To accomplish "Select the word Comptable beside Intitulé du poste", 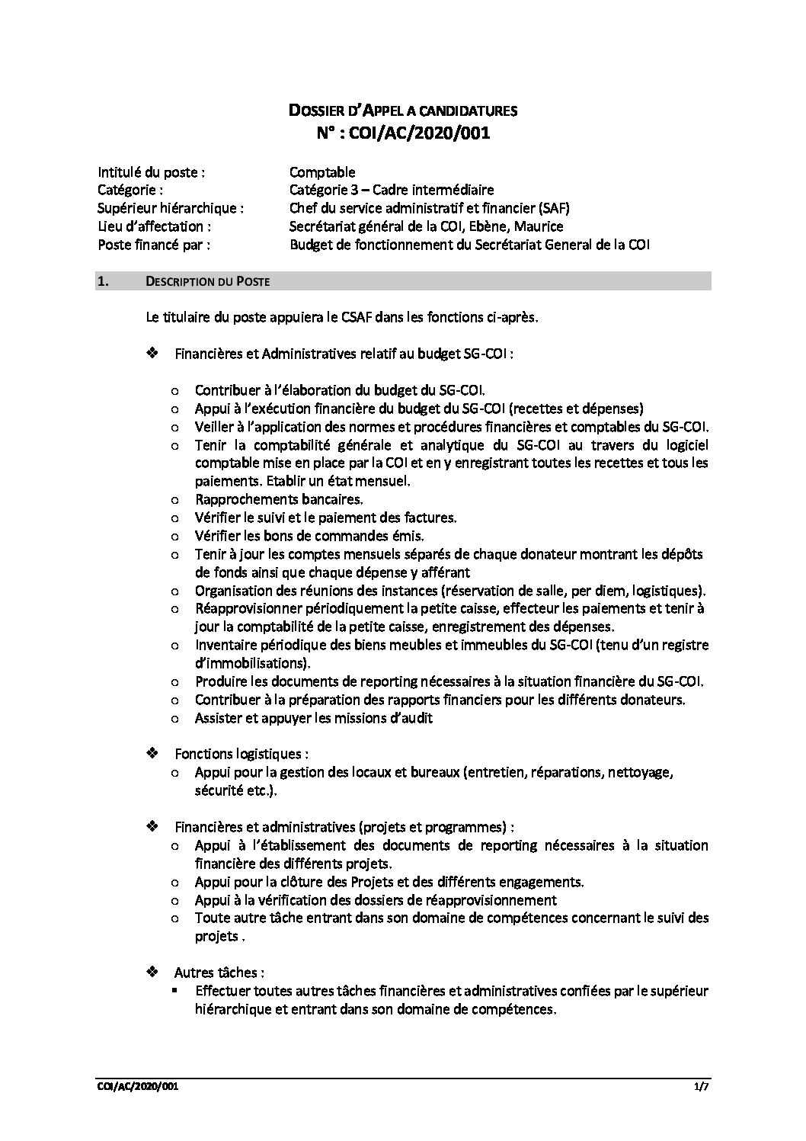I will pos(322,172).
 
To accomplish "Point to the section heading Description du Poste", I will pos(206,282).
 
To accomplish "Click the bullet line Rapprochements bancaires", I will pos(279,499).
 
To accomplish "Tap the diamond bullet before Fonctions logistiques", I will pos(152,753).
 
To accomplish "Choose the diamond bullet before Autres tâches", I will pos(152,972).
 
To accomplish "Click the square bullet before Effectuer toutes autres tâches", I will pos(175,991).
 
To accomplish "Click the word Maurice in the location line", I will pos(538,226).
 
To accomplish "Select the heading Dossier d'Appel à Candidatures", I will pos(403,111).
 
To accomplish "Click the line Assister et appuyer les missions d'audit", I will pos(314,717).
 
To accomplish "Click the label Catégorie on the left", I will pos(130,190).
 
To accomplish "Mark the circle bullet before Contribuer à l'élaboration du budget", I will pos(175,390).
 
